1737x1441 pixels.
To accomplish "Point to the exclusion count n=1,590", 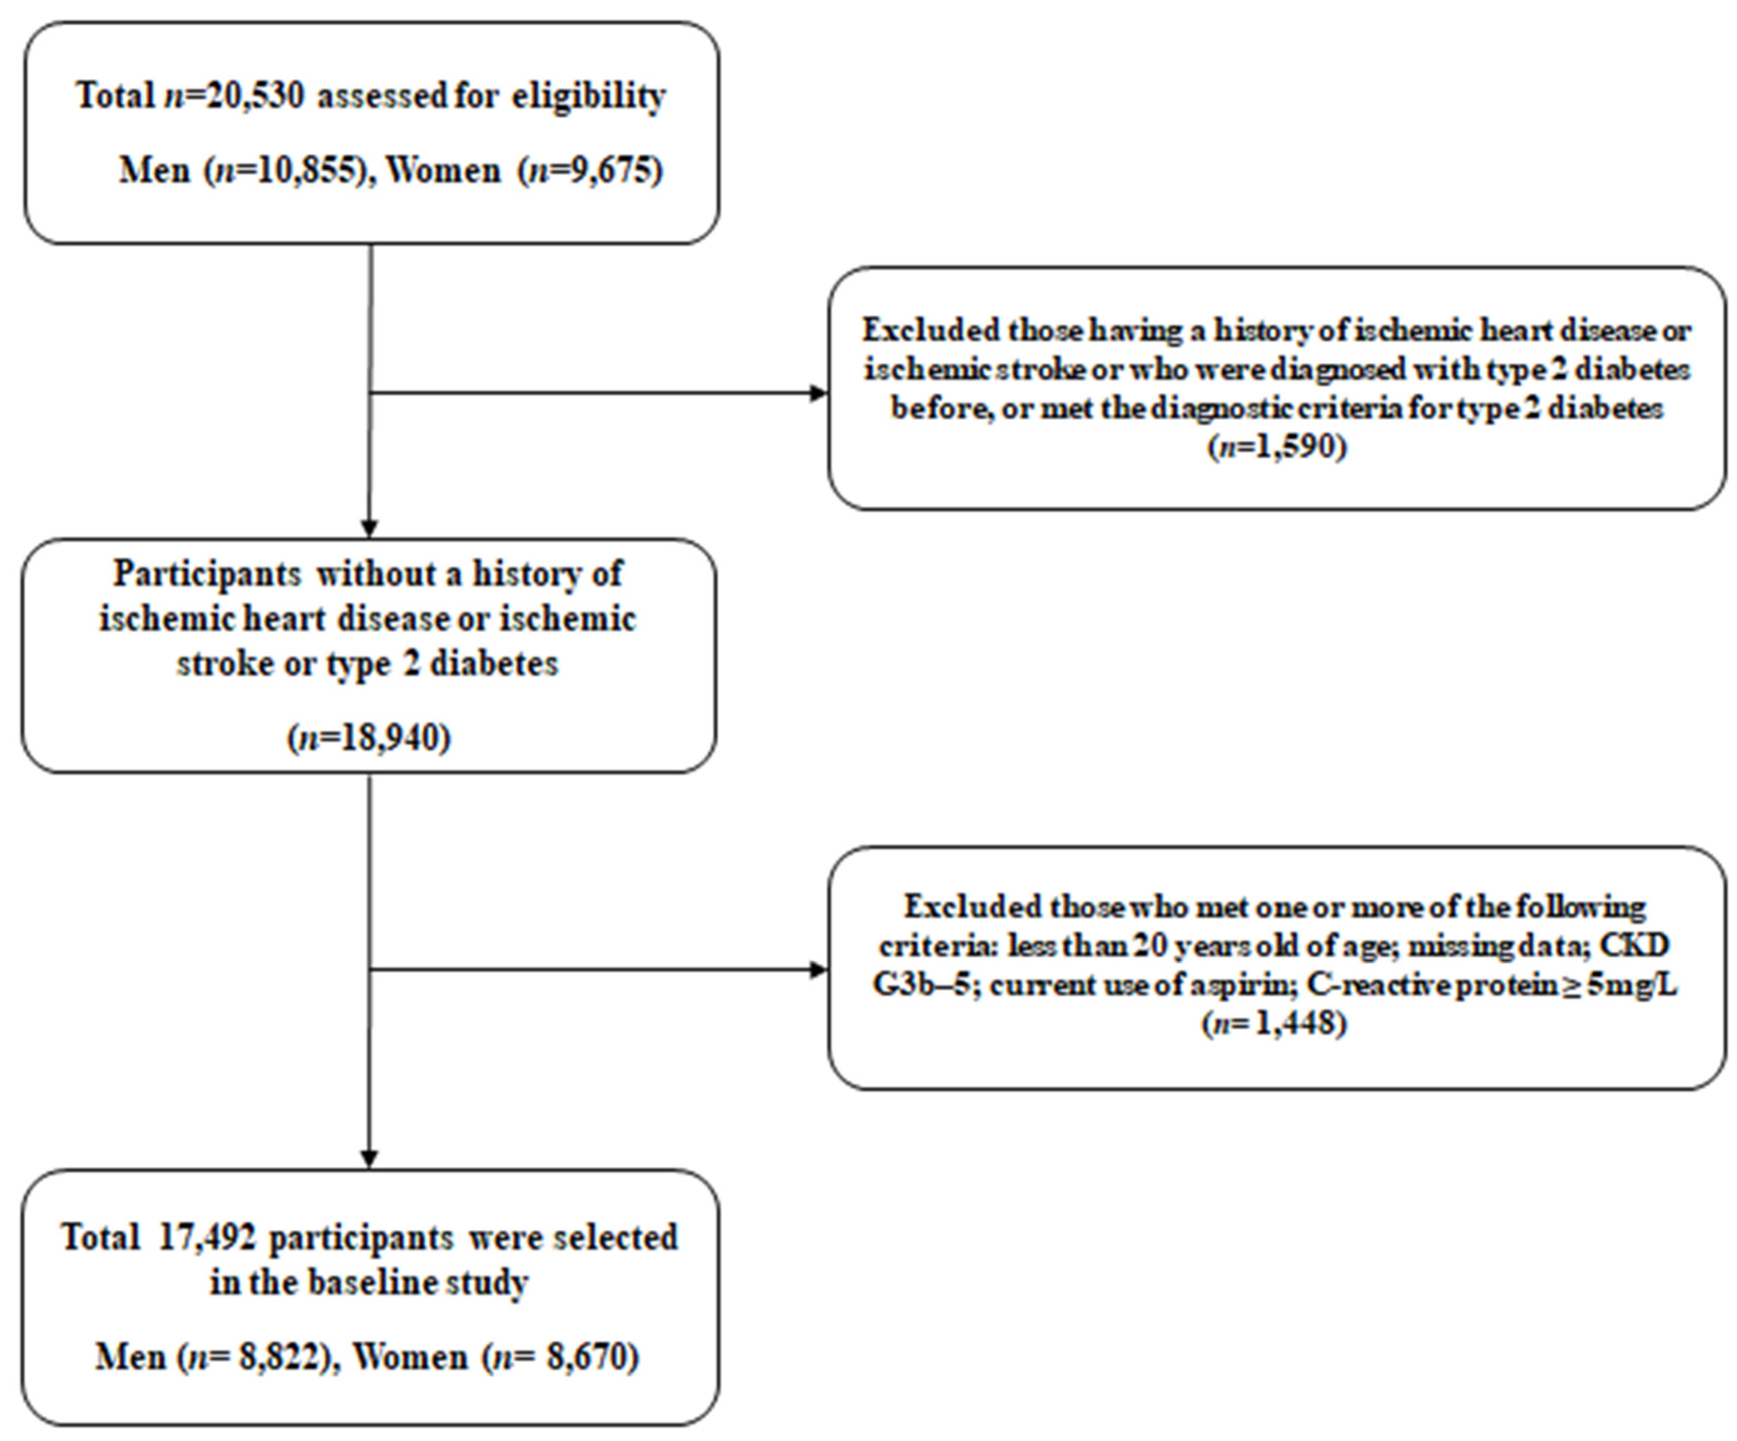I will (x=1277, y=448).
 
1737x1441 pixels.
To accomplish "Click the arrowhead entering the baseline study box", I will (x=370, y=1159).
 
